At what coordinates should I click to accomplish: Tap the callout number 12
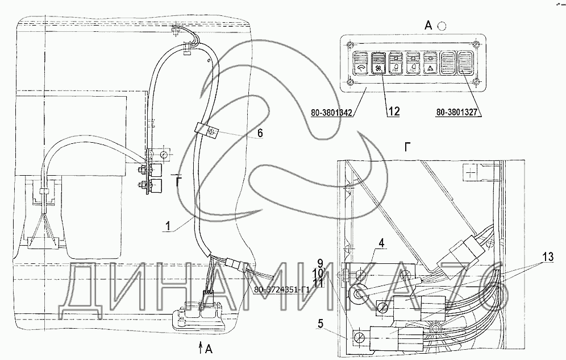[393, 111]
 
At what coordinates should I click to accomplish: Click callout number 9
[319, 263]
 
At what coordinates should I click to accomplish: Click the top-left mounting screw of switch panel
[351, 45]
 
